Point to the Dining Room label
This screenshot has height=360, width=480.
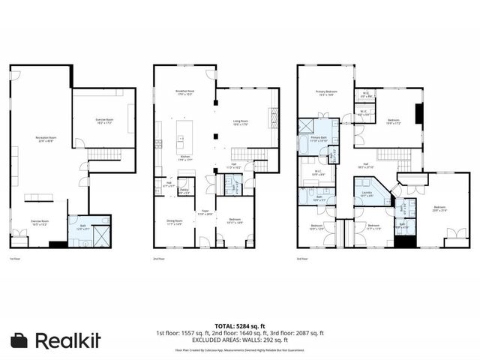click(175, 221)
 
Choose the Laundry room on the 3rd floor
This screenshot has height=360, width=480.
click(367, 195)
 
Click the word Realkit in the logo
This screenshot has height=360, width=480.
click(67, 340)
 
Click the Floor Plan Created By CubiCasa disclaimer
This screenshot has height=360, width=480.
click(239, 350)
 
